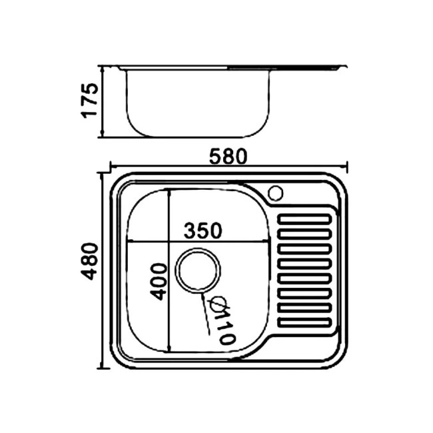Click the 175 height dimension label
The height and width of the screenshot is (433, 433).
(89, 101)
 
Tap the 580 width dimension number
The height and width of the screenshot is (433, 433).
(228, 157)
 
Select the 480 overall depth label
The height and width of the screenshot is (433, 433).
(89, 262)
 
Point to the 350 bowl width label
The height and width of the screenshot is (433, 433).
(203, 230)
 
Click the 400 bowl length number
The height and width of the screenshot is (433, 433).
(159, 282)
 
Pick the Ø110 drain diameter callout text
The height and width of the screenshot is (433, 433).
(224, 320)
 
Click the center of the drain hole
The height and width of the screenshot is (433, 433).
(198, 270)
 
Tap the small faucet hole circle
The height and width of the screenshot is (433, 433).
(276, 193)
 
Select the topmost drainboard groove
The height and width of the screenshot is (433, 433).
(305, 219)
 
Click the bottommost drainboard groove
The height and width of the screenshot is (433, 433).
(305, 322)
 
